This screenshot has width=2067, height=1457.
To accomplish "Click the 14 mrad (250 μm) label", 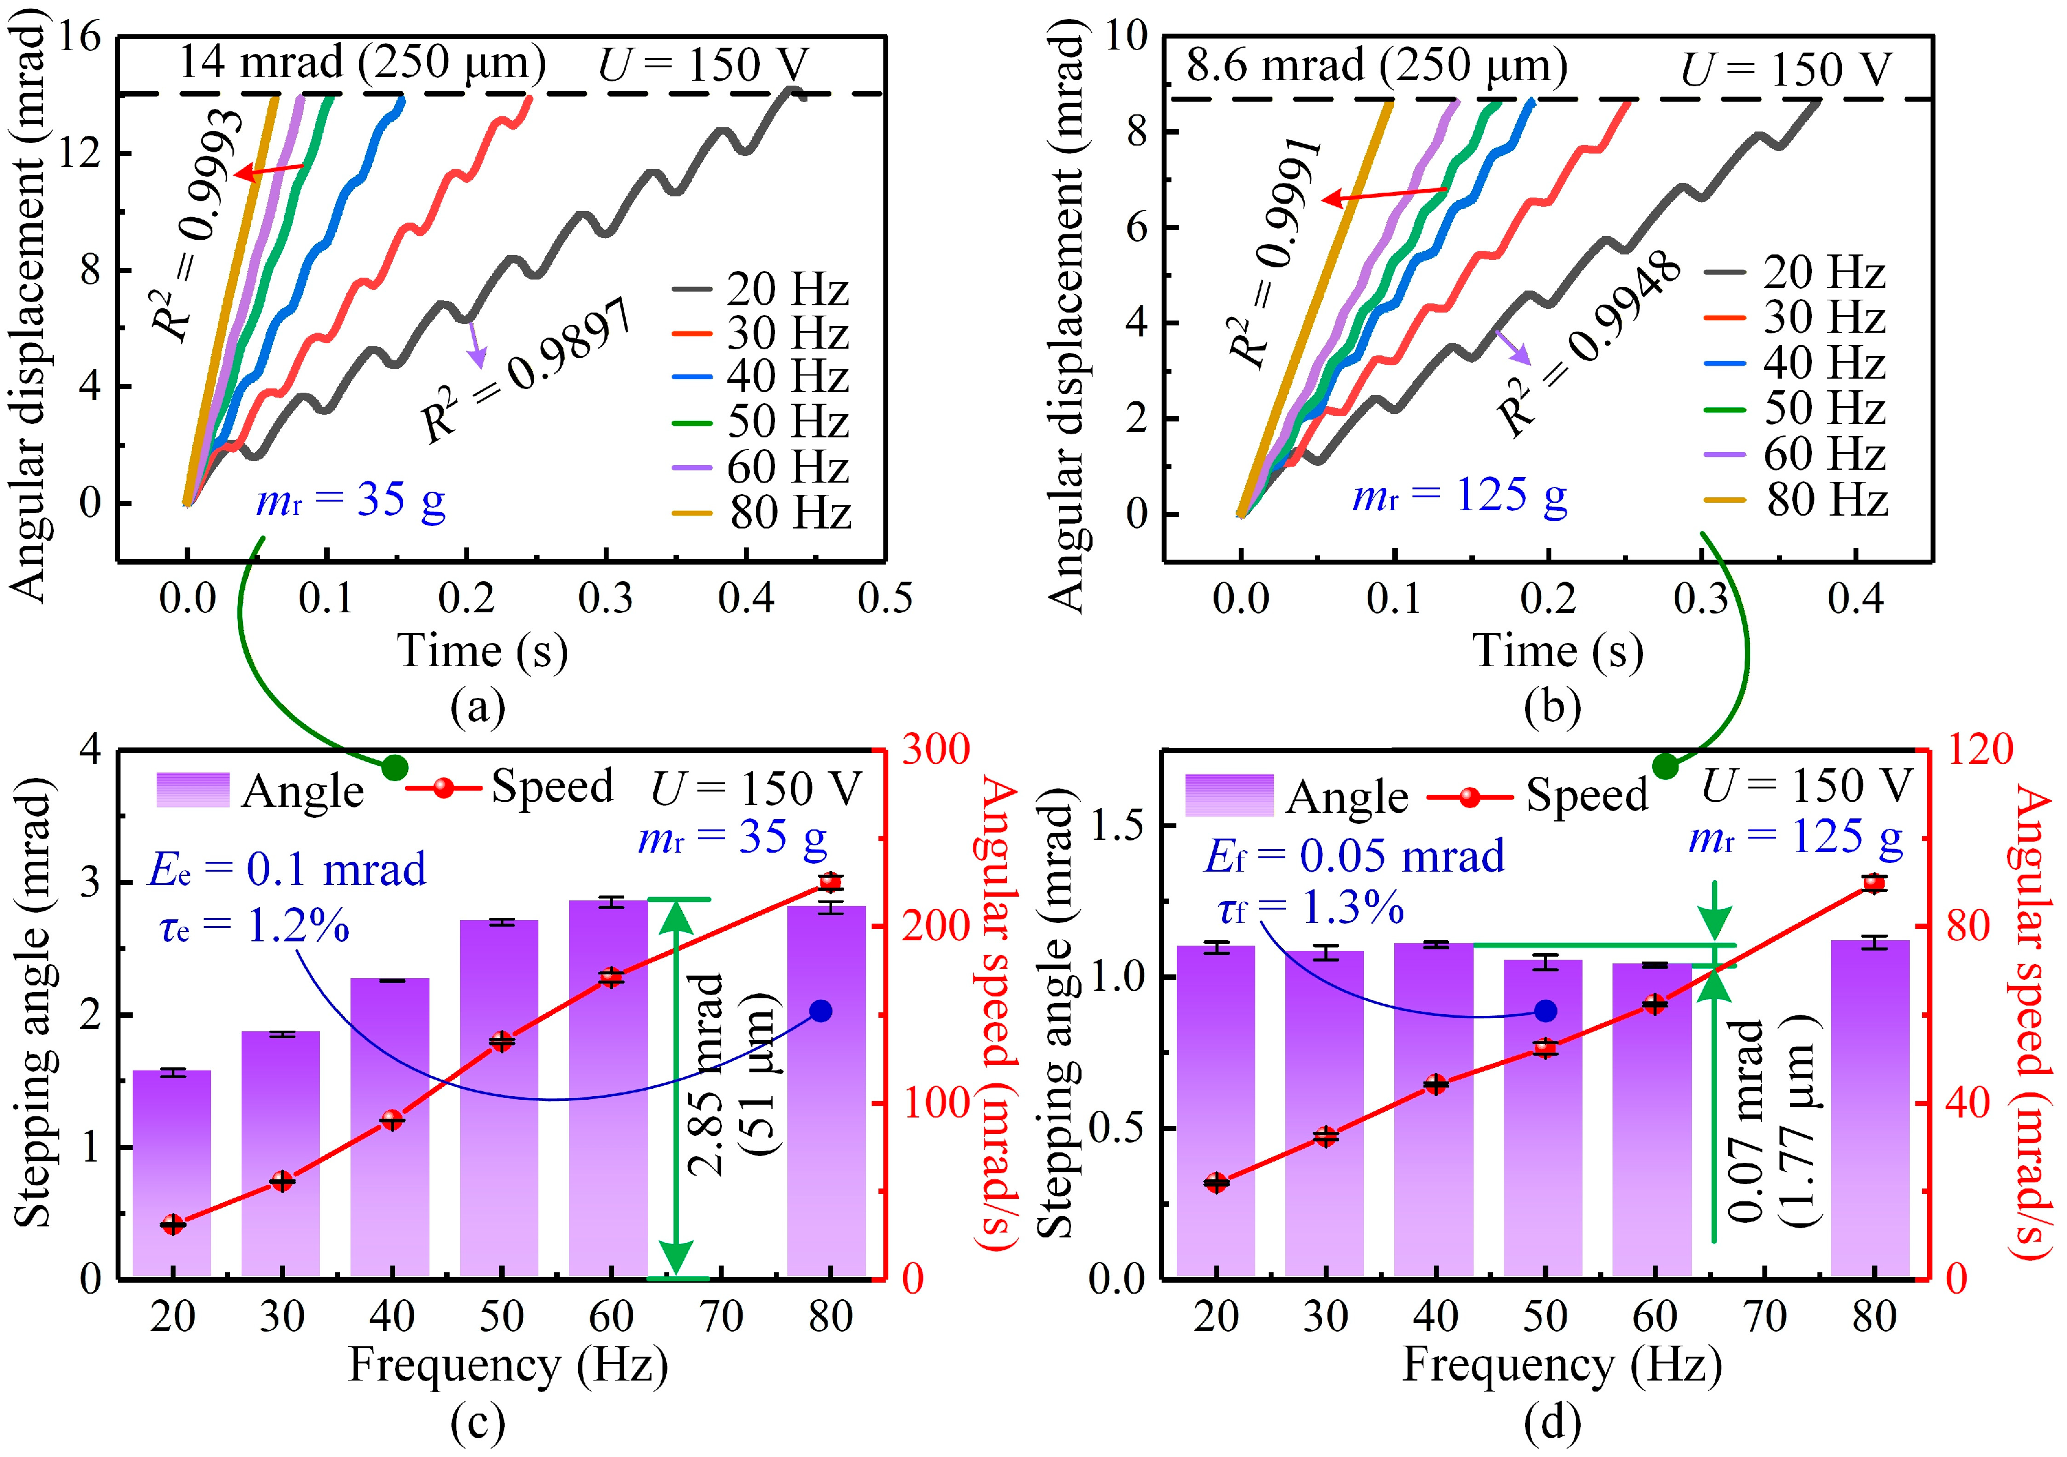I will (x=362, y=63).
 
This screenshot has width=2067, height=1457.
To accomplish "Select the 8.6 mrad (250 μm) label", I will (x=1376, y=65).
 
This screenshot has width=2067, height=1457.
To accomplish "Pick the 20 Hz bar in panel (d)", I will (x=1215, y=1111).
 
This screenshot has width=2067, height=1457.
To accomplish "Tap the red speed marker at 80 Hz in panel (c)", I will (x=830, y=882).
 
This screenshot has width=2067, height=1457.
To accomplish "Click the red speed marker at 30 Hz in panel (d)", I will (x=1325, y=1136).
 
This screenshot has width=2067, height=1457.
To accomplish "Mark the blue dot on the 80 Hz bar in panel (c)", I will (x=820, y=1012).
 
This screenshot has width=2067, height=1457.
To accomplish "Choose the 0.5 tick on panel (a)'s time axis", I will (x=885, y=598).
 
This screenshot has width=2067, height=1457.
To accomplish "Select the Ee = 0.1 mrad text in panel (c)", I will (x=287, y=870).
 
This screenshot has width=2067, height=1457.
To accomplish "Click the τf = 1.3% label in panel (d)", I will (x=1311, y=910).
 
